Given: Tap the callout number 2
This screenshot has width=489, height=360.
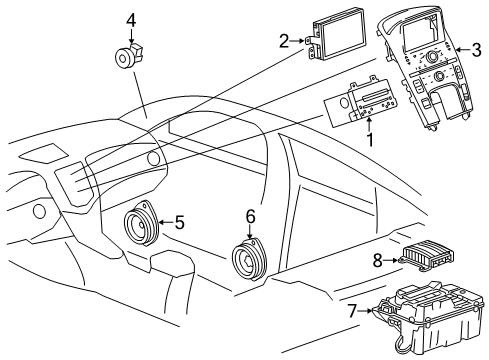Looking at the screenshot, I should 283,41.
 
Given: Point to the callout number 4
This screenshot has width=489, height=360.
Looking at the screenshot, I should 130,18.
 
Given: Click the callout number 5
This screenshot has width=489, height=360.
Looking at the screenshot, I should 180,222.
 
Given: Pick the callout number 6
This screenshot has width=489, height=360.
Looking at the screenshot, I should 250,215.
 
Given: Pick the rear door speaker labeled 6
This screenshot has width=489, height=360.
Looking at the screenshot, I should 247,263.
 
